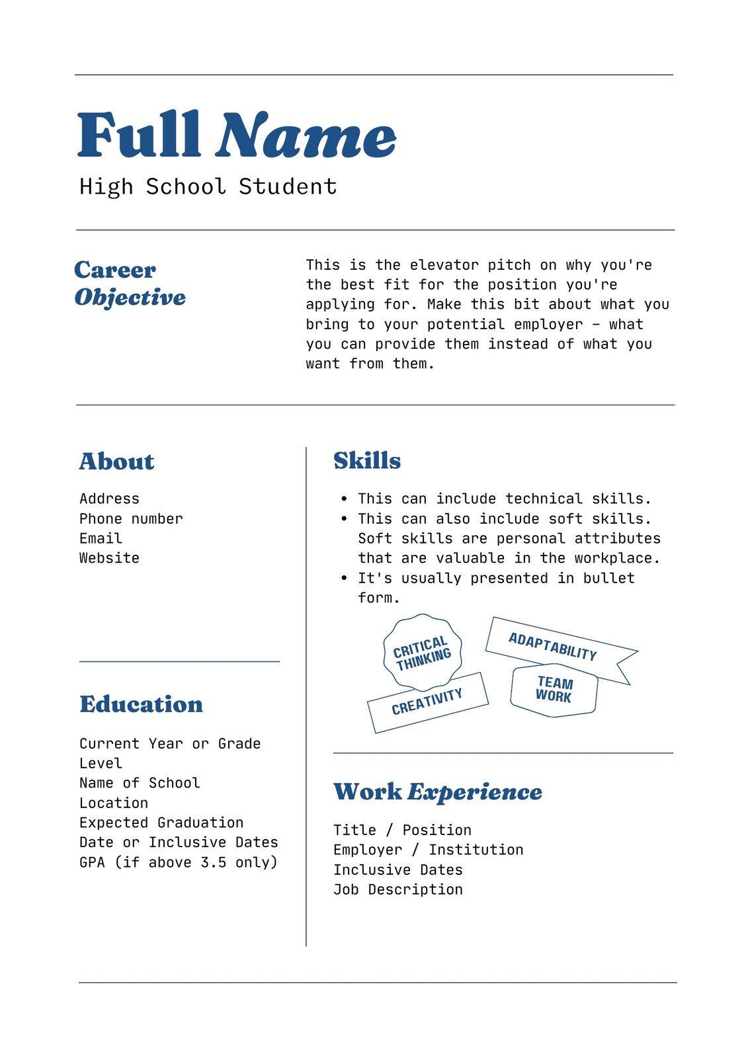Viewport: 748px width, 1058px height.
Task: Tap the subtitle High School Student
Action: tap(208, 186)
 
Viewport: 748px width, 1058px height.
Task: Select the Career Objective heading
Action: tap(130, 283)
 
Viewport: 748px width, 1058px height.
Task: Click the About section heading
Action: tap(116, 461)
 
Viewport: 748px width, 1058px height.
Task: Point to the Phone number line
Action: tap(131, 518)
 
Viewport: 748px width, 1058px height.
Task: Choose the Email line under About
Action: tap(101, 538)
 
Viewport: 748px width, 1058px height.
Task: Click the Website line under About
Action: tap(109, 558)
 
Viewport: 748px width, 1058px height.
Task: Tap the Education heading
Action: tap(141, 704)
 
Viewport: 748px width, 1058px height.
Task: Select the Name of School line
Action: tap(140, 783)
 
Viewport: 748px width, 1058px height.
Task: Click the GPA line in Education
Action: tap(178, 862)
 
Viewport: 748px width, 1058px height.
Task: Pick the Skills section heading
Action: tap(367, 460)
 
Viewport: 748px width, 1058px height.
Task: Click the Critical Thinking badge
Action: tap(422, 653)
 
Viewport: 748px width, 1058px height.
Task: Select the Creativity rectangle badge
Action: tap(427, 702)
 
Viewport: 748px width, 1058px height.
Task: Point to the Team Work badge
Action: tap(554, 690)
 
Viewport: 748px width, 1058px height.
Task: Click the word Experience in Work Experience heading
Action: tap(474, 792)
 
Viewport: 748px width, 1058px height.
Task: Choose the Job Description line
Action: tap(397, 889)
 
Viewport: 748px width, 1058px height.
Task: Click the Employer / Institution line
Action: tap(428, 850)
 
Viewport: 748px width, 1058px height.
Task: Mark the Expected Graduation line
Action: tap(161, 823)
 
